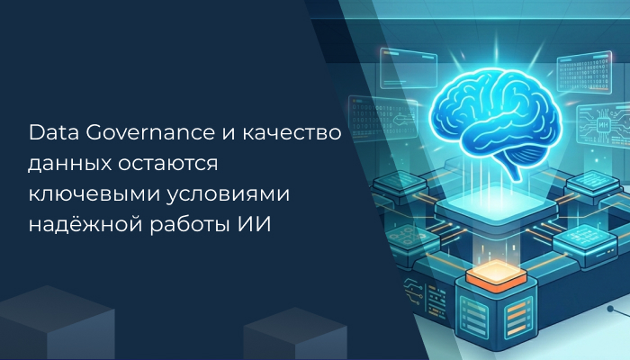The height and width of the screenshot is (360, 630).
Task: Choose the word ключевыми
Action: (84, 194)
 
